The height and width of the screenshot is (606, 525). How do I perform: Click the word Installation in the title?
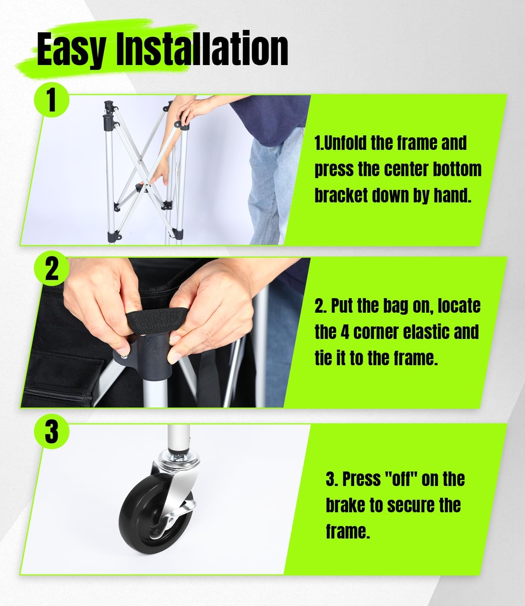[x=202, y=48]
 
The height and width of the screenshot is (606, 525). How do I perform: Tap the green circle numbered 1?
[x=52, y=100]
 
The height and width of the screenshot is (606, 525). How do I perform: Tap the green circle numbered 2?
[x=52, y=269]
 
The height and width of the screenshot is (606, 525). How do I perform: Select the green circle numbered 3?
[x=52, y=432]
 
